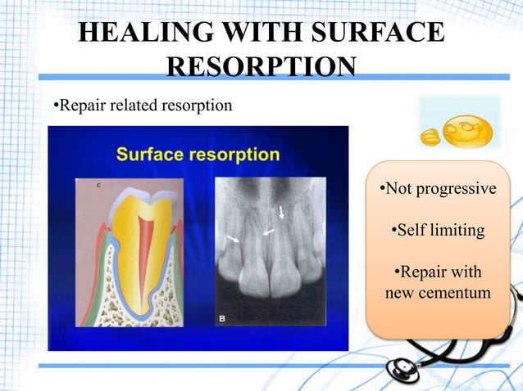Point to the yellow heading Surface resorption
(x=198, y=154)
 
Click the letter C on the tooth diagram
(x=98, y=186)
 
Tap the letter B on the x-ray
(x=222, y=318)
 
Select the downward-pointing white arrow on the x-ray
(x=281, y=213)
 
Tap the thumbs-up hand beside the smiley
(x=430, y=136)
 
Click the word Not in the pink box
(x=398, y=190)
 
